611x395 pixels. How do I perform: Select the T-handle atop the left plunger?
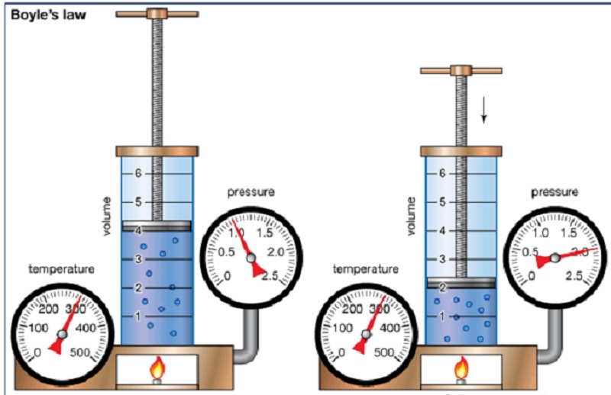157,13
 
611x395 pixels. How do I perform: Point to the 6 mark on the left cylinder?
138,173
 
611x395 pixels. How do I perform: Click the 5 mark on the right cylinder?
442,202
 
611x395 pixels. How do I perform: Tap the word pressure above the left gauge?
251,191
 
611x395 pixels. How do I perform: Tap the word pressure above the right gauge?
554,191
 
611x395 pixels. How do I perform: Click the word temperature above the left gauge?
61,269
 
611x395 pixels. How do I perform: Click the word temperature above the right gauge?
366,269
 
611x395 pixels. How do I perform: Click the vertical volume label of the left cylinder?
108,216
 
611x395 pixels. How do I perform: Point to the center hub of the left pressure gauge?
251,259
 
